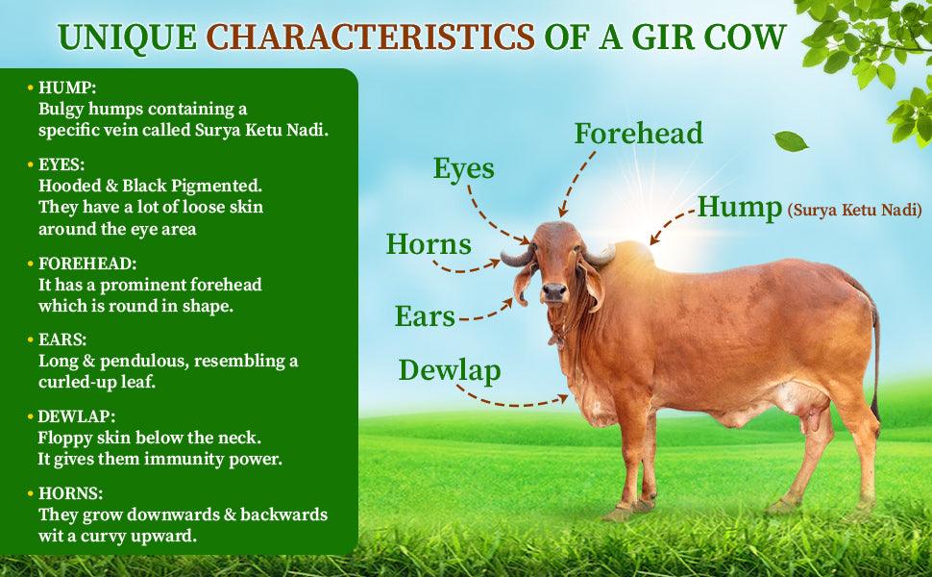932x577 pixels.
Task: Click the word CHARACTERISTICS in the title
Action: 371,37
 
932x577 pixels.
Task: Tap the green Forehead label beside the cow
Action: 638,133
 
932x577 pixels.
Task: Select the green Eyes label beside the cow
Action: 463,169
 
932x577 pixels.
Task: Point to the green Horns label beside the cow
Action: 429,244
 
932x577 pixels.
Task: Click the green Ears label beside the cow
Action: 425,316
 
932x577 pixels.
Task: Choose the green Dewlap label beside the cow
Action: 450,369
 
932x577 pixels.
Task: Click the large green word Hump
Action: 739,208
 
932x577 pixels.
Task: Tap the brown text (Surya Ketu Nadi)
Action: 854,209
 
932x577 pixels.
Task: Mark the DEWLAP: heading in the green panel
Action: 77,416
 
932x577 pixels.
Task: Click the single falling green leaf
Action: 790,140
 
